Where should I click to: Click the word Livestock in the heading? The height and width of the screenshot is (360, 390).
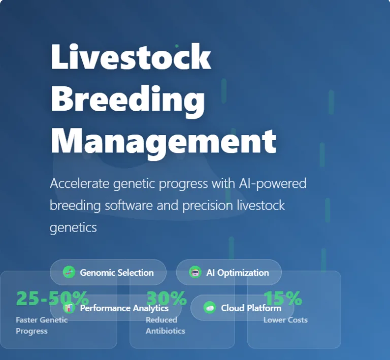[131, 57]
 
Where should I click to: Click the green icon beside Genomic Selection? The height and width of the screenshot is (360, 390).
[69, 273]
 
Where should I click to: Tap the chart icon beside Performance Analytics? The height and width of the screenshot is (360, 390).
[70, 308]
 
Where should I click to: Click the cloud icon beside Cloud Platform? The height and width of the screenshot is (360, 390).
[209, 308]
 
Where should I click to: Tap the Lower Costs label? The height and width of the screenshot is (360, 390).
[285, 320]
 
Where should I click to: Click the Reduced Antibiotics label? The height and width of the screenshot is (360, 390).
[165, 325]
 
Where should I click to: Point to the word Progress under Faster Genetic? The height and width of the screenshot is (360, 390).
[31, 331]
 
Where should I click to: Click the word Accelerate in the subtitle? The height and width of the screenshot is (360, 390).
[79, 183]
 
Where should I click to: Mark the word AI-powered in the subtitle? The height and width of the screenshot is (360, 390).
[272, 183]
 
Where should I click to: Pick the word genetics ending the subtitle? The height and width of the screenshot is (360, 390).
[73, 227]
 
